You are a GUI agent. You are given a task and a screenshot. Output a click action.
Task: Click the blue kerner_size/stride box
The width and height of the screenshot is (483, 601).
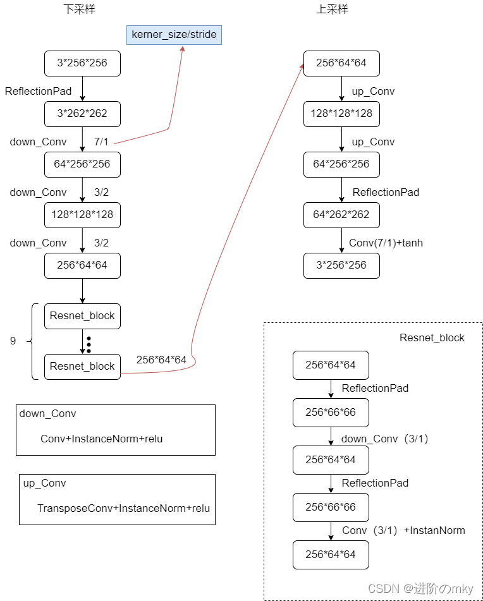tap(174, 34)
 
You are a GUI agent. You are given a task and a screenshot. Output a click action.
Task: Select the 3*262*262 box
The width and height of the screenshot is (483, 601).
tap(82, 114)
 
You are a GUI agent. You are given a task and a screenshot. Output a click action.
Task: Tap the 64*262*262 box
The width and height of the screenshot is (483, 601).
tap(341, 215)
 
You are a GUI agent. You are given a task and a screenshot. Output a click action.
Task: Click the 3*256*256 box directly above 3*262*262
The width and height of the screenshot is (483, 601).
tap(82, 63)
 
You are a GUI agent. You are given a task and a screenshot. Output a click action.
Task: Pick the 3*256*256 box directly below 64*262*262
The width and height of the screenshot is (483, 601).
tap(341, 265)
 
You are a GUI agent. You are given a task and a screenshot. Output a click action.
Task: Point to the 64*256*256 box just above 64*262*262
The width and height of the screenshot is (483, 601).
tap(341, 164)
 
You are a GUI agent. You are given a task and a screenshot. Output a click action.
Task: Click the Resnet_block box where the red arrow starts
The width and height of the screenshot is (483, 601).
tap(82, 367)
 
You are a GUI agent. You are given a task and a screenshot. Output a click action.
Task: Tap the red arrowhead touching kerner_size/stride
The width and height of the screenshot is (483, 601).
tap(183, 49)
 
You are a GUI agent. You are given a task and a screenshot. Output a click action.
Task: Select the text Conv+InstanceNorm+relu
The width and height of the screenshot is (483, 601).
tap(101, 439)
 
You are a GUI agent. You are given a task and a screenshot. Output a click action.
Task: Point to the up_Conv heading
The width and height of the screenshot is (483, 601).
tap(44, 483)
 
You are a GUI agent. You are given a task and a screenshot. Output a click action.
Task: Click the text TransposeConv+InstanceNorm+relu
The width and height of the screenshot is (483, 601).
tap(123, 508)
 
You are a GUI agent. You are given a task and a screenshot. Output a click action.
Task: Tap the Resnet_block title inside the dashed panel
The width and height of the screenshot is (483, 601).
tap(432, 337)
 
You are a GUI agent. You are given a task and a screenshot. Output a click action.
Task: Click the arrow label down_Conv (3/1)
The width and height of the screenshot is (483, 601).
tap(385, 439)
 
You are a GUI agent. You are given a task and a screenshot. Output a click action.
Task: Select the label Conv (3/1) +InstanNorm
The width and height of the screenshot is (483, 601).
tap(403, 531)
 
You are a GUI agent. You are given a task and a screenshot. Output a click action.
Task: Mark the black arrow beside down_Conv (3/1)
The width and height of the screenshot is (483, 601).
tap(331, 436)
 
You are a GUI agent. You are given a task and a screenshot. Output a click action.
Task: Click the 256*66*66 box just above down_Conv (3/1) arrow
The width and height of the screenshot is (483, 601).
tap(331, 412)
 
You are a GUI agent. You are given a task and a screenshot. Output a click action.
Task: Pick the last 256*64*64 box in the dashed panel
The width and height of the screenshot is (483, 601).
tap(331, 554)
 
